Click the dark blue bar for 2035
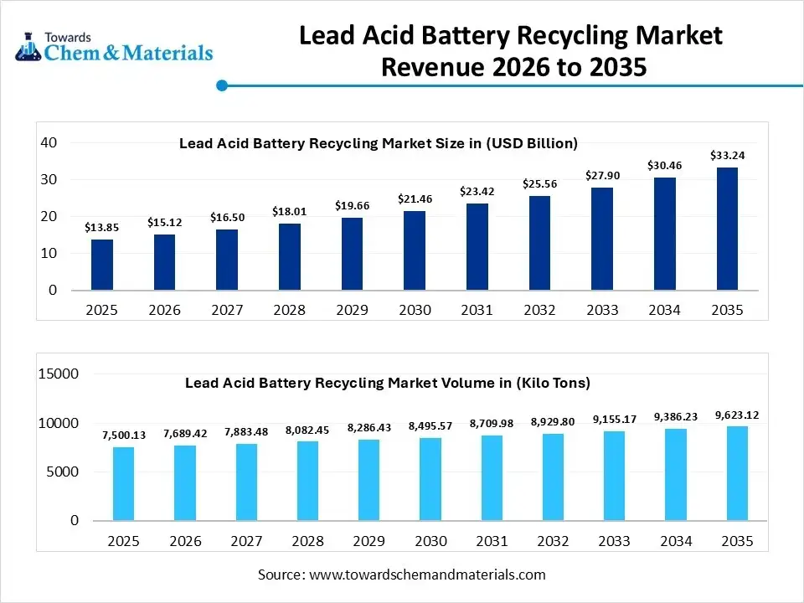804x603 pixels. pyautogui.click(x=727, y=229)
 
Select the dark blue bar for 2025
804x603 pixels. pyautogui.click(x=102, y=265)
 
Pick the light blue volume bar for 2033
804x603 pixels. pyautogui.click(x=613, y=476)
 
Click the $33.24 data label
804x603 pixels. pyautogui.click(x=727, y=155)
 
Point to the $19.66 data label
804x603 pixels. pyautogui.click(x=352, y=205)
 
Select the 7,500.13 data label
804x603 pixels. pyautogui.click(x=124, y=435)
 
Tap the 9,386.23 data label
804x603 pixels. pyautogui.click(x=675, y=416)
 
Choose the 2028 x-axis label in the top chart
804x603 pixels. pyautogui.click(x=289, y=310)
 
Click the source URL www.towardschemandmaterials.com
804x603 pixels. pyautogui.click(x=427, y=575)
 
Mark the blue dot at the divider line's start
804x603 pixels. pyautogui.click(x=222, y=85)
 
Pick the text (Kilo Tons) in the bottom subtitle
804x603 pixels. pyautogui.click(x=553, y=383)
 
